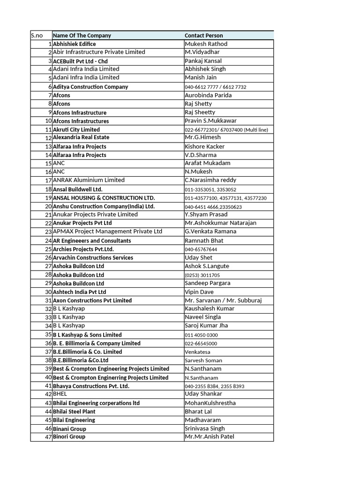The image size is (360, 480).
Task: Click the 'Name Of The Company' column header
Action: (82, 36)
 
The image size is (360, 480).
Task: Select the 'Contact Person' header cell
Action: (204, 36)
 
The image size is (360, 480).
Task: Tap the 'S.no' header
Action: (36, 36)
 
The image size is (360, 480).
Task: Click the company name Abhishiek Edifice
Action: (75, 44)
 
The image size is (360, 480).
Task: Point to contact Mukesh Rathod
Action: (206, 44)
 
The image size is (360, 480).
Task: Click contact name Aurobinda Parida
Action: (208, 95)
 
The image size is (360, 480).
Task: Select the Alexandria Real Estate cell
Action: (81, 137)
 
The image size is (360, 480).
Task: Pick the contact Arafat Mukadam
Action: (207, 163)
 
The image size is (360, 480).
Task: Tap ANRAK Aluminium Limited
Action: (89, 180)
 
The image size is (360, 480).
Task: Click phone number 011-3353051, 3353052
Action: (210, 189)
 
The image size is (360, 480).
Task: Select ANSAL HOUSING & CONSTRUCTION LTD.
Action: (104, 198)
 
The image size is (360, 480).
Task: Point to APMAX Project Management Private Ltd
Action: (107, 232)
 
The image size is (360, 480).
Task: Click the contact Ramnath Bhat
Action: (204, 240)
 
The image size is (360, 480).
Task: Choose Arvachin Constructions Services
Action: (93, 258)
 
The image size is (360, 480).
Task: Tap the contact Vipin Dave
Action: (200, 292)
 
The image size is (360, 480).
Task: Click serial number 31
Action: (48, 300)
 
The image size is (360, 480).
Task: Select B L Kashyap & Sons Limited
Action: (87, 335)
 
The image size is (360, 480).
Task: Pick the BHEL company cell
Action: (60, 394)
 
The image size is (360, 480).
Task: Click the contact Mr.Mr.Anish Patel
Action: (210, 437)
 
